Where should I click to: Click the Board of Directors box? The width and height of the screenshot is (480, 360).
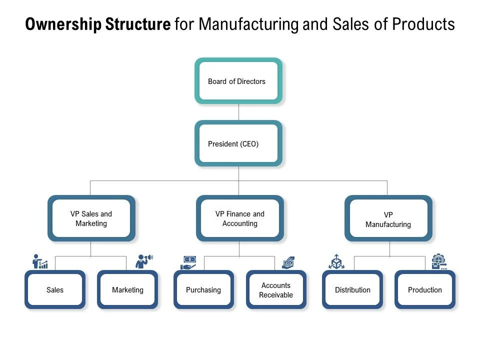pos(238,81)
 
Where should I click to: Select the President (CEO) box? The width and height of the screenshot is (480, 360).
pos(238,143)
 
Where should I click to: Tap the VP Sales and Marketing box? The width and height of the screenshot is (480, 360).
pos(91,218)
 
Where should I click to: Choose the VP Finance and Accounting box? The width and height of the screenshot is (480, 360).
pos(239,218)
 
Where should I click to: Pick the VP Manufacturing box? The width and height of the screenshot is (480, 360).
pos(388,219)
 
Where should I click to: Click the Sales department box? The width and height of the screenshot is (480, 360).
pos(55,289)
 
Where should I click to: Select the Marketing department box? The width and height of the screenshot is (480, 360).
pos(127,289)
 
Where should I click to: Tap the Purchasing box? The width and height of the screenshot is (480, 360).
pos(203,289)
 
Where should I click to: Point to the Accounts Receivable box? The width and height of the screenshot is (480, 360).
pos(276,290)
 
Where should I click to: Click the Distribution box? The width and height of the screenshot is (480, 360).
pos(352,289)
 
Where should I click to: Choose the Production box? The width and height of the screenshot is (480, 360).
pos(425,289)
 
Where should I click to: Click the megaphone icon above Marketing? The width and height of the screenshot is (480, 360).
pos(144,261)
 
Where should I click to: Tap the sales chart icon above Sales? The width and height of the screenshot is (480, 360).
pos(40,261)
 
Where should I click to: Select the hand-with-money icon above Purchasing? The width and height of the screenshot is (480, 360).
pos(188,262)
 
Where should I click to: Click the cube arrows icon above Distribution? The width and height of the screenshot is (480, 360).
pos(336,261)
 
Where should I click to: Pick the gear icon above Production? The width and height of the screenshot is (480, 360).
pos(438,261)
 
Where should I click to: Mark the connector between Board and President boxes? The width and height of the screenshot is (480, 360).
pos(238,112)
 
